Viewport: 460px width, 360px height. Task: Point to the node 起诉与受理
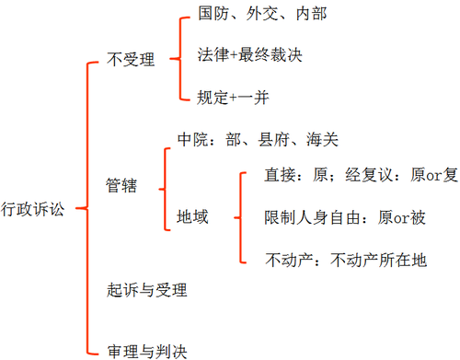147,291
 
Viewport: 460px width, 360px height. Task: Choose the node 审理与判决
147,350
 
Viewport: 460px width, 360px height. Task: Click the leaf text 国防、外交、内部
261,16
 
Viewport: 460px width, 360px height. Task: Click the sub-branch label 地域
192,218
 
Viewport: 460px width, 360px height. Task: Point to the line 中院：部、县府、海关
258,140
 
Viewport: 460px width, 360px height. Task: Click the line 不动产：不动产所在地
345,260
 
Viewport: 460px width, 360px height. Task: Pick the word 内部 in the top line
308,16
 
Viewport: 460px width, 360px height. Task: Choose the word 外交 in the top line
261,16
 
